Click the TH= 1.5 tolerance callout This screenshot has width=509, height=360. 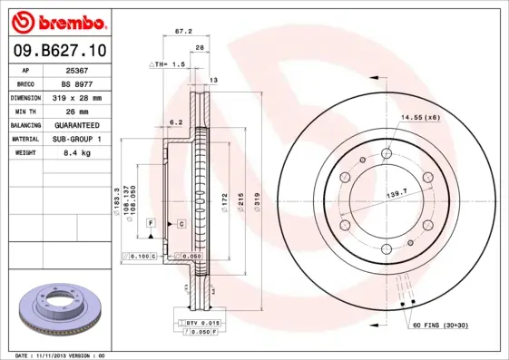click(x=169, y=65)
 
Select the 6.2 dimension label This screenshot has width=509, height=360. click(x=176, y=121)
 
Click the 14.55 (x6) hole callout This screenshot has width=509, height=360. click(x=420, y=117)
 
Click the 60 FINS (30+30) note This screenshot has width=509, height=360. click(x=440, y=324)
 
